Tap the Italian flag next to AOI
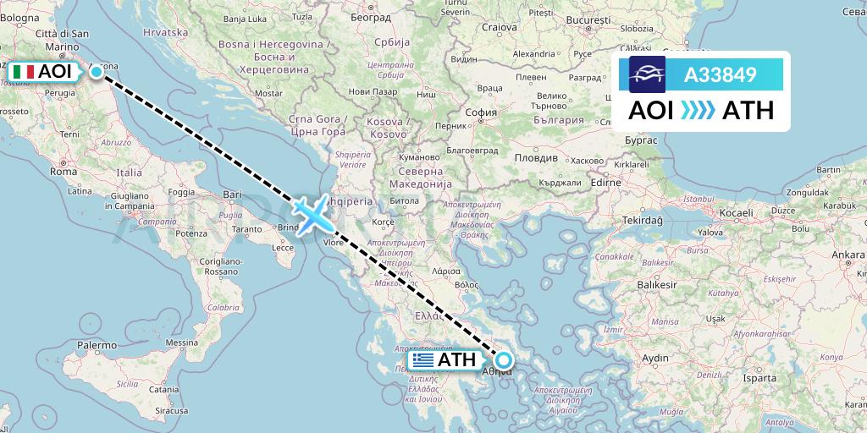(x=24, y=72)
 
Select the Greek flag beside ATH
(x=423, y=360)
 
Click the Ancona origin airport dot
(x=97, y=72)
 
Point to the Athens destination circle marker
(x=504, y=361)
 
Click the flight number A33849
(x=720, y=75)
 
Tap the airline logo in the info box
(x=647, y=74)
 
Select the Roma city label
(x=64, y=171)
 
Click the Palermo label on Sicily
(x=97, y=345)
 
